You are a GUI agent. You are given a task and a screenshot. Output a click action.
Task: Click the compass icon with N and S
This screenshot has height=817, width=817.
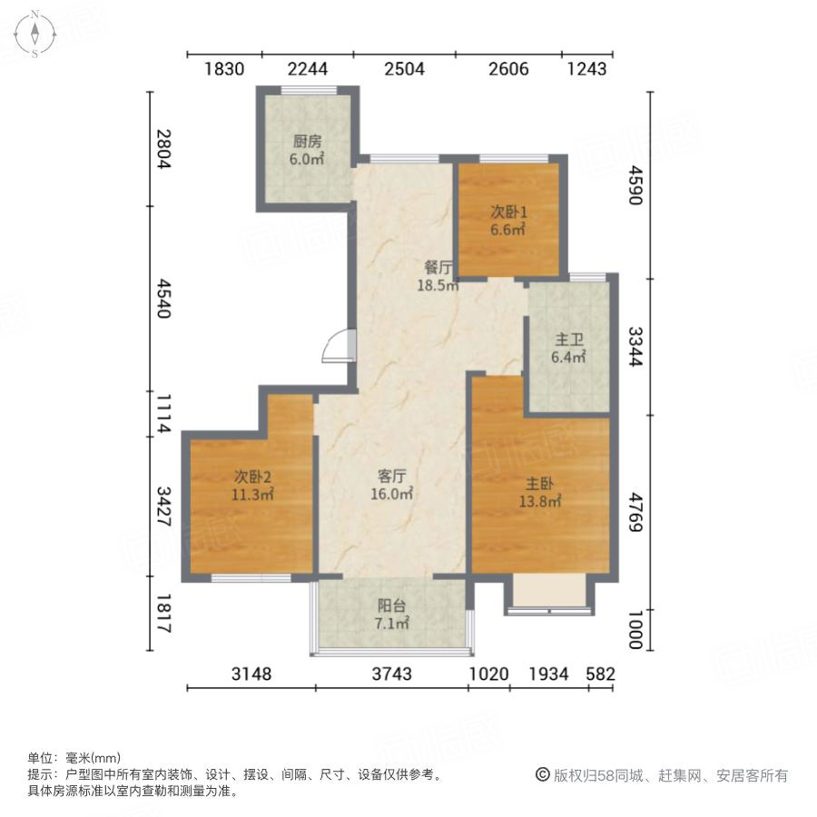pos(34,34)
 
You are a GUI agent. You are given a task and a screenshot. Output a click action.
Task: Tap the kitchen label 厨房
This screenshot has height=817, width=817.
pos(308,142)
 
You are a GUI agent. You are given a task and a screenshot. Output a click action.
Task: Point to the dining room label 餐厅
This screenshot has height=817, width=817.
pos(439,268)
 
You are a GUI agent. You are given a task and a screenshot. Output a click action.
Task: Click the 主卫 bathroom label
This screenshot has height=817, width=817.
pos(569,340)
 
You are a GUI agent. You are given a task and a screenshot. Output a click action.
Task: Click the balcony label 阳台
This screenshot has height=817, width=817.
pos(392,605)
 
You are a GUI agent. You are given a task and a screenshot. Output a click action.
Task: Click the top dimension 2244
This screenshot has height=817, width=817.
pos(307,68)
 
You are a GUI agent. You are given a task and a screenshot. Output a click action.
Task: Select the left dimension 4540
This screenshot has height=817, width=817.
pos(163,299)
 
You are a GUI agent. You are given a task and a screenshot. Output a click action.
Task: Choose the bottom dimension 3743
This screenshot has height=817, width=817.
pos(391,674)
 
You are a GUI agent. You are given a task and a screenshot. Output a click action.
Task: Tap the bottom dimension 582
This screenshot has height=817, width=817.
pos(601,674)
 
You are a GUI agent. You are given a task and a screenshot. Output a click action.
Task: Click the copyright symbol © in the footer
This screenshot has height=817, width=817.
pos(543,775)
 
